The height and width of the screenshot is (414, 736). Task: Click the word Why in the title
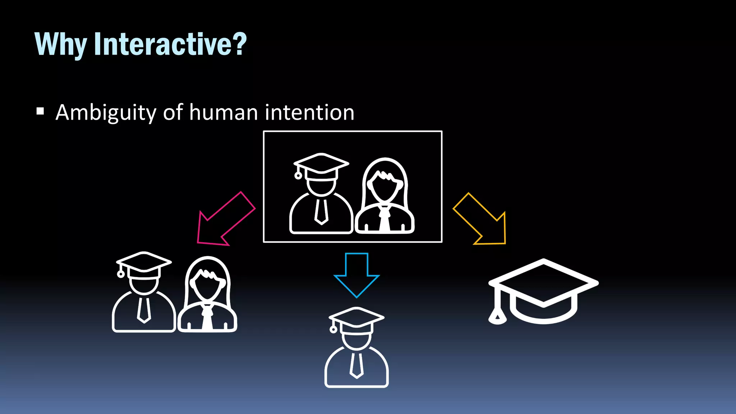coord(60,44)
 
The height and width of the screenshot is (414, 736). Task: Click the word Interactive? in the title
coord(170,44)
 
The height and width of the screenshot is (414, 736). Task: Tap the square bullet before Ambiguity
coord(40,111)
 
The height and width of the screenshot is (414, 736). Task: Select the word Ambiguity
coord(106,113)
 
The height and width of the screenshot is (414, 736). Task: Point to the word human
coord(224,112)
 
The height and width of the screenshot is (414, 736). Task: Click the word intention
coord(309,112)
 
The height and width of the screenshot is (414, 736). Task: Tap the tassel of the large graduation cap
coord(497,316)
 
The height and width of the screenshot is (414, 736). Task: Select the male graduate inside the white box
coord(321,194)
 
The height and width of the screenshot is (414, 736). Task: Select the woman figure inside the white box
coord(385,196)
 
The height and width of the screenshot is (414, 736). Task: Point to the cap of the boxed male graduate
coord(321,163)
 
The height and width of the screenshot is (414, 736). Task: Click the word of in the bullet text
coord(173,112)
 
